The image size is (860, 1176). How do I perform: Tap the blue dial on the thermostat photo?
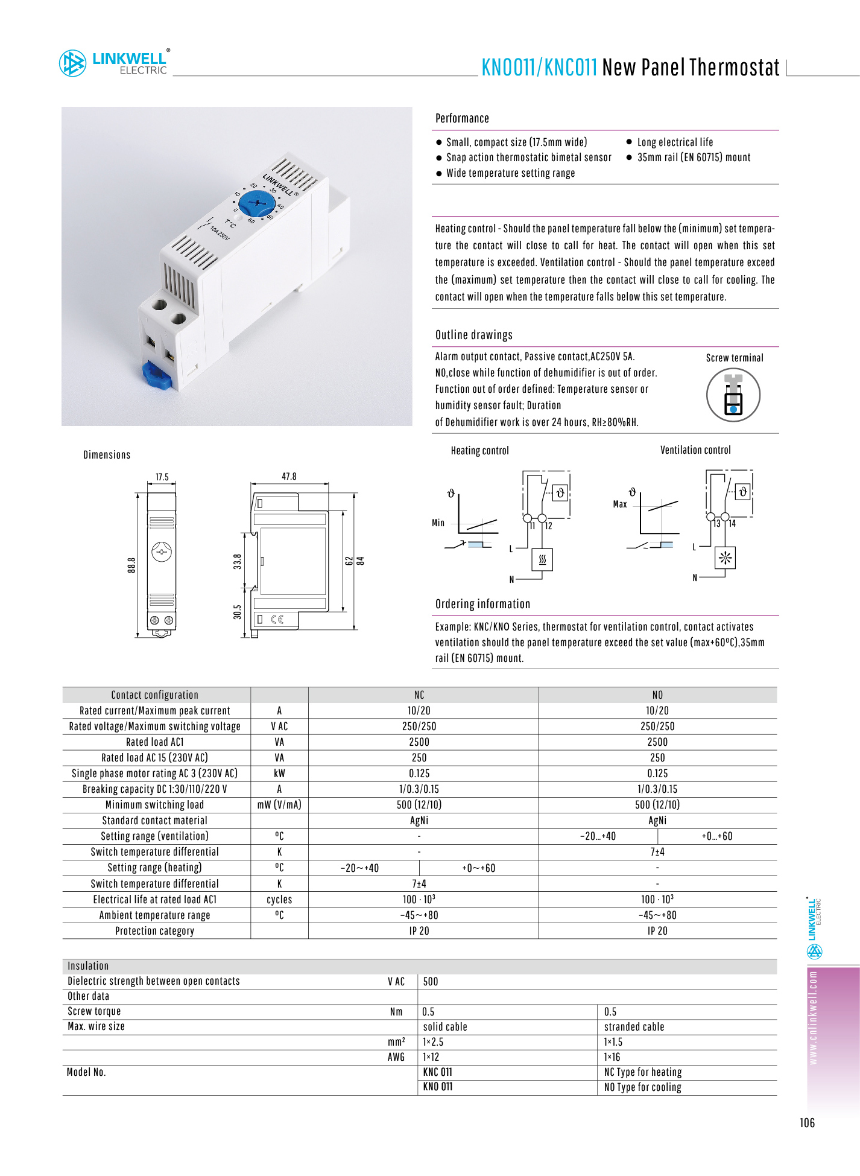click(257, 203)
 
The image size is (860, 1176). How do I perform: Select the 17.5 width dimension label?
click(162, 477)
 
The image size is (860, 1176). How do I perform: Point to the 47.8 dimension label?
click(289, 476)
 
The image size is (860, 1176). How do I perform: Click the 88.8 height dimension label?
click(131, 565)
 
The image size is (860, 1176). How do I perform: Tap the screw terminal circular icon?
click(733, 395)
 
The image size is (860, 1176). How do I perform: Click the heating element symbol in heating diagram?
click(542, 559)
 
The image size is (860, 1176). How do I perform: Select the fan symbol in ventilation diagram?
click(725, 558)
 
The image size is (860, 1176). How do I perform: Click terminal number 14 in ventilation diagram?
click(732, 524)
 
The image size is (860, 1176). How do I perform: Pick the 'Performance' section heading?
click(462, 118)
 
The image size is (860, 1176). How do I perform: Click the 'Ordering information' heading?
click(482, 604)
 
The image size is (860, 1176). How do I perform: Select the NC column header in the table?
click(419, 695)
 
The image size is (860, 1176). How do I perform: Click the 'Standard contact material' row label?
click(154, 821)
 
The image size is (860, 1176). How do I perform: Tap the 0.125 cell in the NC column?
click(419, 774)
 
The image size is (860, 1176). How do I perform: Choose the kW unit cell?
click(279, 774)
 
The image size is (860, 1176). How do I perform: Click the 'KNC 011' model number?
click(437, 1072)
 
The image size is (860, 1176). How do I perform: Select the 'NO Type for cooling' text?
click(642, 1087)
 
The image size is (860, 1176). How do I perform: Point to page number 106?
click(807, 1123)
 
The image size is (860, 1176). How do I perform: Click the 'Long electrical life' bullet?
click(675, 142)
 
